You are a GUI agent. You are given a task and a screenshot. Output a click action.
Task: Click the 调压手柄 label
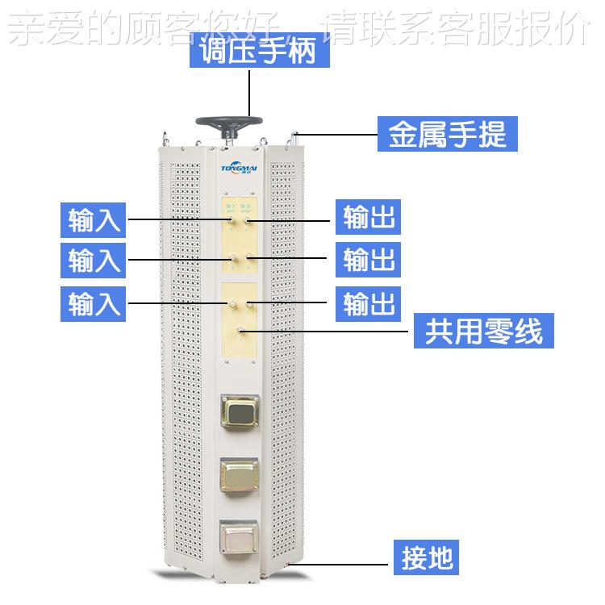tap(250, 52)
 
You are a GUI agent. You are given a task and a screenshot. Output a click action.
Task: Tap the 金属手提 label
tap(447, 134)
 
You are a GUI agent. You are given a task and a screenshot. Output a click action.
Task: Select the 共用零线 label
tap(483, 331)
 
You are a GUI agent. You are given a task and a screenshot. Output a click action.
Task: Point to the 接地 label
tap(428, 557)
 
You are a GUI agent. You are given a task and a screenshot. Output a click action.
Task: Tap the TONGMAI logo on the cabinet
tap(239, 169)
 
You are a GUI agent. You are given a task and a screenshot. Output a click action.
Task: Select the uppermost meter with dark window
tap(240, 415)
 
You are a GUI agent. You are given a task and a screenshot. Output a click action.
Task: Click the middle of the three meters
tap(240, 476)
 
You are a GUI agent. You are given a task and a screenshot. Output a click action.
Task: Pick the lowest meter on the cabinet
tap(240, 535)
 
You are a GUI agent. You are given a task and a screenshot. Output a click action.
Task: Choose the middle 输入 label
tap(95, 260)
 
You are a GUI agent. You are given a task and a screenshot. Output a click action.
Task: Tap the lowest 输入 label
tap(95, 302)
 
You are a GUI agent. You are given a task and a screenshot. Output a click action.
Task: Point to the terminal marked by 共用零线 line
tap(240, 331)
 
